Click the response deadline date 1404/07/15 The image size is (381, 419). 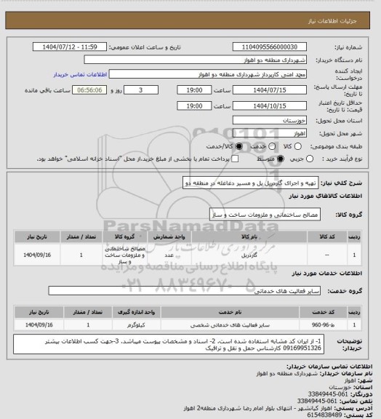point(266,89)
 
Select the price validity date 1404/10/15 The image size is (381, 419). point(266,105)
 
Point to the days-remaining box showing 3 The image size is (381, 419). point(140,89)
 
